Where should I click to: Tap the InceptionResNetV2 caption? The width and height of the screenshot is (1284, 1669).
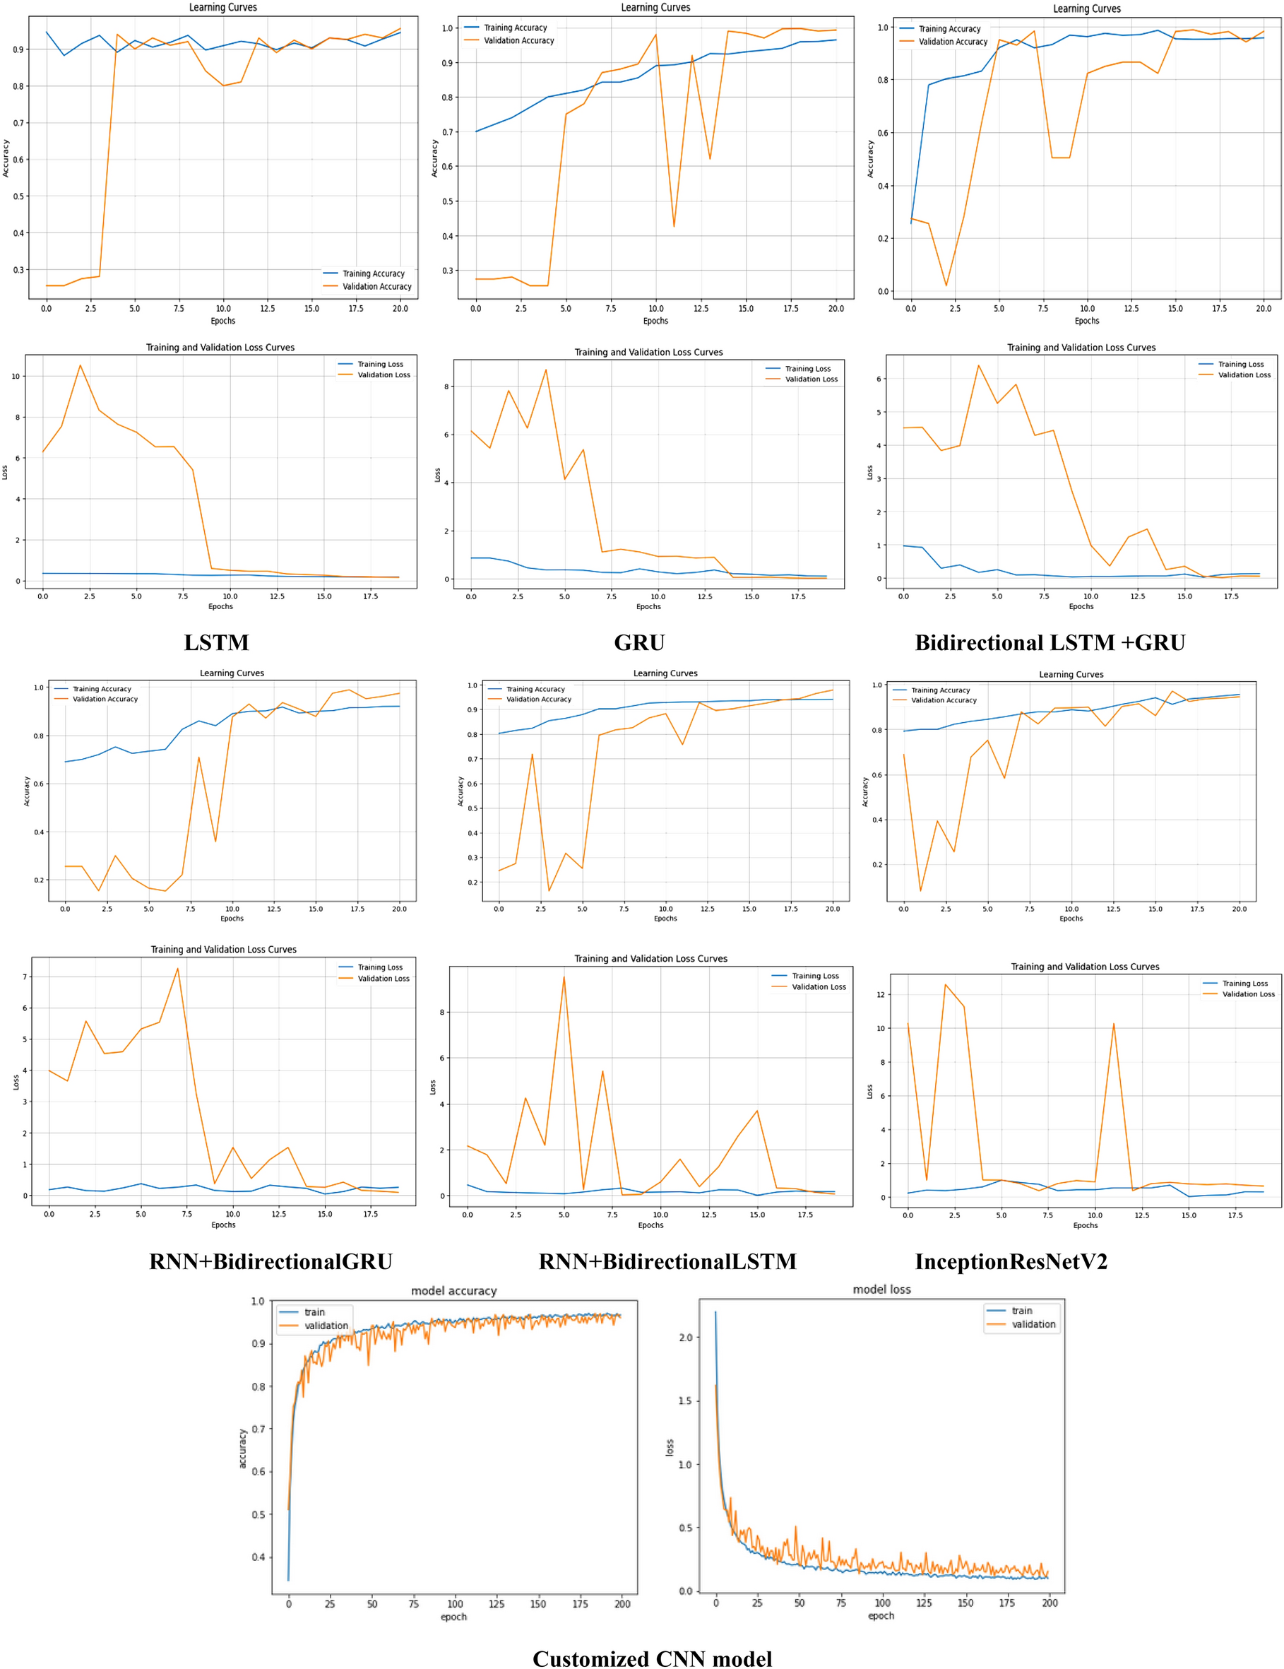coord(1011,1262)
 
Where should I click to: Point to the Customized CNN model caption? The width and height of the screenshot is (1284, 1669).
coord(652,1658)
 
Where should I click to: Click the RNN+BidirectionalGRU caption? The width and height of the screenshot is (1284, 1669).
coord(271,1262)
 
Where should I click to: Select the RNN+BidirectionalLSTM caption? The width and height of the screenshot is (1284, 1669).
coord(667,1262)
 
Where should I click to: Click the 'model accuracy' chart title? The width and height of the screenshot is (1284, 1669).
coord(453,1291)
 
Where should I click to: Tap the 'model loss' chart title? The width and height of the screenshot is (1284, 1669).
coord(881,1289)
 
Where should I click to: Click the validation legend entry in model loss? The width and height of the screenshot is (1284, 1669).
coord(1033,1324)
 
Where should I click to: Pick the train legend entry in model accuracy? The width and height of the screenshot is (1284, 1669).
coord(314,1312)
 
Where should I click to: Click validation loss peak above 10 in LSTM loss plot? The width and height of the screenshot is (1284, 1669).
coord(81,365)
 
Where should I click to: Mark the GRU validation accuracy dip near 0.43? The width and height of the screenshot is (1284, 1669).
coord(673,226)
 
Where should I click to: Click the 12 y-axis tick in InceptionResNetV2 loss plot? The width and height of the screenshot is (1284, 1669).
coord(881,994)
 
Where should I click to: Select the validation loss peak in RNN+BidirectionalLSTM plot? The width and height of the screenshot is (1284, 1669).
coord(564,977)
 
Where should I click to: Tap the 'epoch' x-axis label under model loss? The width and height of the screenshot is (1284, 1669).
coord(881,1615)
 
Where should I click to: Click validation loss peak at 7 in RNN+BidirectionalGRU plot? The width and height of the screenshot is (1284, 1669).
coord(178,969)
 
